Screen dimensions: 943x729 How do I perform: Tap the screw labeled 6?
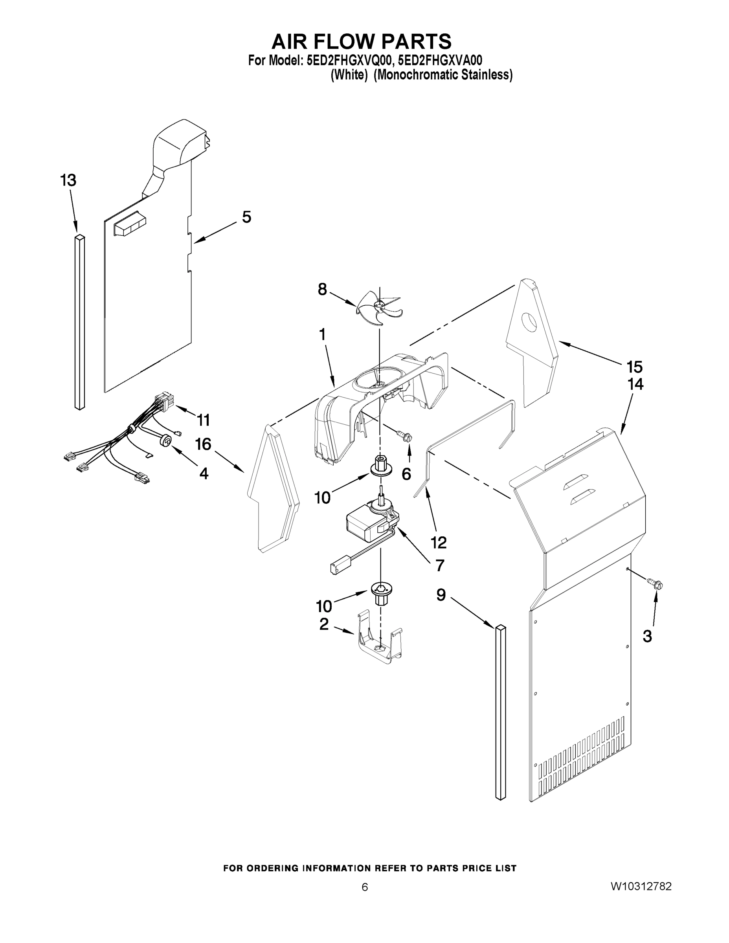coord(406,437)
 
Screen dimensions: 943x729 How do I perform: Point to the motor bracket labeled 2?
coord(380,641)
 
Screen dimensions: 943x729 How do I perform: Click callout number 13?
coord(68,180)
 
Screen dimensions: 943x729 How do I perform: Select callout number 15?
coord(635,367)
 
